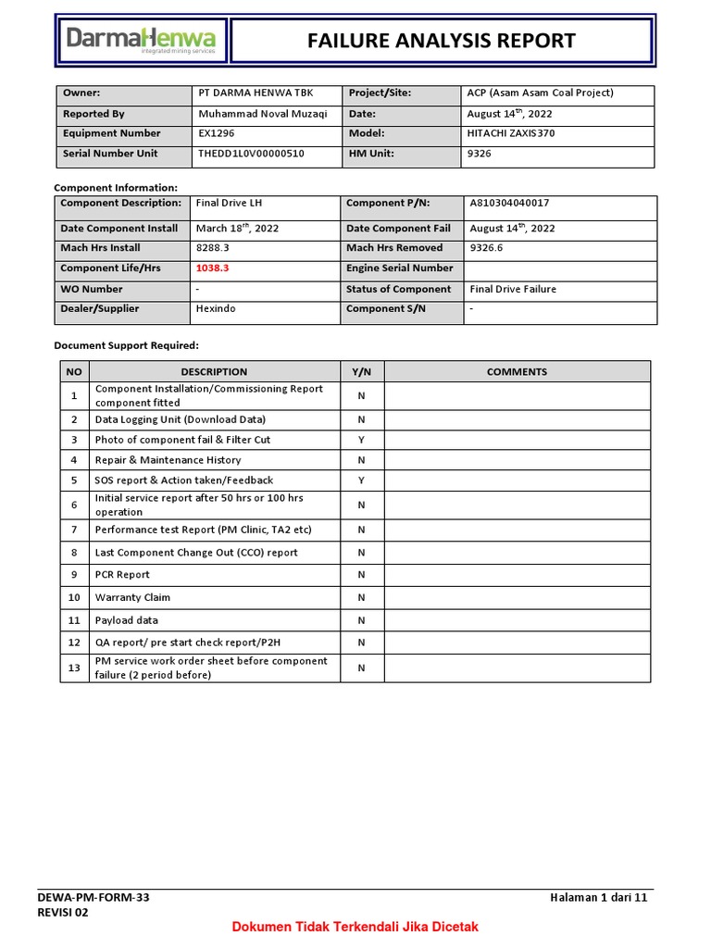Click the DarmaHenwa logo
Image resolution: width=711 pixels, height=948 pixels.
pos(141,41)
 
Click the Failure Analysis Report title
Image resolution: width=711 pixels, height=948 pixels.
pos(441,41)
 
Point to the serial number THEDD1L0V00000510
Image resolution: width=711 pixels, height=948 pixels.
pos(251,154)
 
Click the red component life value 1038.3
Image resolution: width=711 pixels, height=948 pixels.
pos(212,268)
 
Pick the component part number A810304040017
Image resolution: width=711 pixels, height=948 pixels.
pos(516,203)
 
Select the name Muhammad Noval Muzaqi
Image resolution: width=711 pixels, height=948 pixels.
pos(262,114)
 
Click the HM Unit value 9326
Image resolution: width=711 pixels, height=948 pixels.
pos(480,154)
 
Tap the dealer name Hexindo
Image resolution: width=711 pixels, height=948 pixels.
pos(216,308)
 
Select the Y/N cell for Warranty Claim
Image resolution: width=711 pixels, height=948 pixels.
pos(362,598)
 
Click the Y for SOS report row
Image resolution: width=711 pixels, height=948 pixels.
pos(362,480)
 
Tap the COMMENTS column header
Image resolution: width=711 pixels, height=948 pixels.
pos(517,372)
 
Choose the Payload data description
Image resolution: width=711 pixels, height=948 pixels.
pos(126,620)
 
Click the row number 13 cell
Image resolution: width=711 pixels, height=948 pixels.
pos(74,668)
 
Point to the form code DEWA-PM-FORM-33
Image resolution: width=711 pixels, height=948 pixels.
pos(93,898)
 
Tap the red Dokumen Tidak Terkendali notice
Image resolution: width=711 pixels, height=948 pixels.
pos(355,927)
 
